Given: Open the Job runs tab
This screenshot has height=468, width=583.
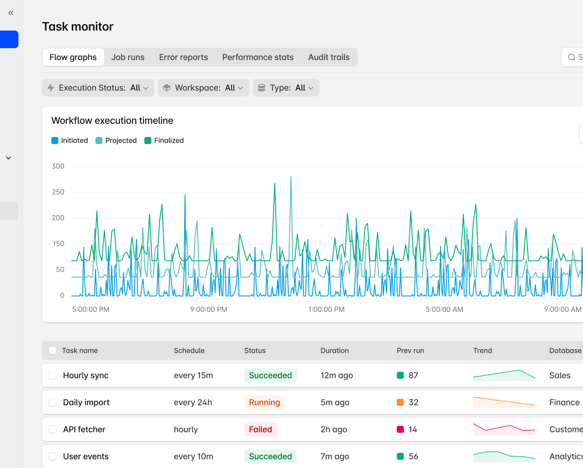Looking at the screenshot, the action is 128,57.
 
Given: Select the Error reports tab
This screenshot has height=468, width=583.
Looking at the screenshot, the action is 183,57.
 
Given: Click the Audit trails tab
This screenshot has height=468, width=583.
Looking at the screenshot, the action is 329,57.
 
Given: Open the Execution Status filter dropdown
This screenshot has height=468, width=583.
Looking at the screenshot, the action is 98,88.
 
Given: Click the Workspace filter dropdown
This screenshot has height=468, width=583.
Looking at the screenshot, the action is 203,88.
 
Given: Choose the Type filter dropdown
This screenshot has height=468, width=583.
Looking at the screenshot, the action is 286,88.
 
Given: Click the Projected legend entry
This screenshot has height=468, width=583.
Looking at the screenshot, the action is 116,141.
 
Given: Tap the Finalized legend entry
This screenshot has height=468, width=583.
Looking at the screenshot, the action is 164,141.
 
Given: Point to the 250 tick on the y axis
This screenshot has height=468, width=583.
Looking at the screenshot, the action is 58,192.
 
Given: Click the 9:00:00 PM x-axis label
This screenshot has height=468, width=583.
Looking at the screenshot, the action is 209,309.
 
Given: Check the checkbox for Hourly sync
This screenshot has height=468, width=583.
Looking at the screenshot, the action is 52,376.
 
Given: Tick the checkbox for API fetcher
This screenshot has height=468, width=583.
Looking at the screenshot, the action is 52,429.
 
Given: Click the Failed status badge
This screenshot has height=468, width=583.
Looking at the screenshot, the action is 261,429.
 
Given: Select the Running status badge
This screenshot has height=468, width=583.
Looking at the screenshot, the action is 264,402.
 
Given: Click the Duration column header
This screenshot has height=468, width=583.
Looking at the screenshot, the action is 334,351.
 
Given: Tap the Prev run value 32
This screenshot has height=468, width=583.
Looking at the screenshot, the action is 413,402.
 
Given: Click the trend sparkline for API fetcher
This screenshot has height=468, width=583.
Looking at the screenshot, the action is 504,429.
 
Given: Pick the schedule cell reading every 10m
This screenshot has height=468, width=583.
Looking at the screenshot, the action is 194,456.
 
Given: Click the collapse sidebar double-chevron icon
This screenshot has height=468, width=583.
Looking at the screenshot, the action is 11,13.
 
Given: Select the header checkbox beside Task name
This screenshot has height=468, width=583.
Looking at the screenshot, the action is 52,351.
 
